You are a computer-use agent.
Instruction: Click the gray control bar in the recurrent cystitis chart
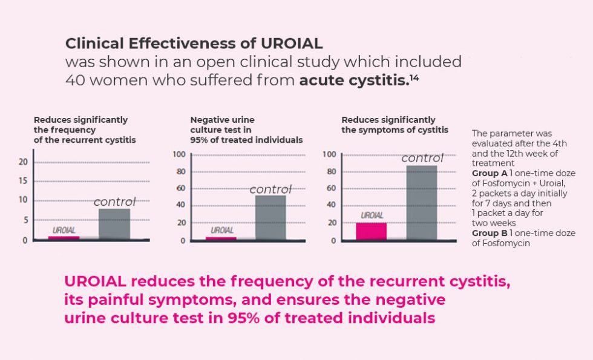pyautogui.click(x=114, y=224)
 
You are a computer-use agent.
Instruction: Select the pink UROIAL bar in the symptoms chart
pyautogui.click(x=371, y=231)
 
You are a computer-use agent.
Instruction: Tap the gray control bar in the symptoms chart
pyautogui.click(x=421, y=203)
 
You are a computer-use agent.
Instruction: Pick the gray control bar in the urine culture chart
pyautogui.click(x=270, y=217)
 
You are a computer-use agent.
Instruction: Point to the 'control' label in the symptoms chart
pyautogui.click(x=422, y=159)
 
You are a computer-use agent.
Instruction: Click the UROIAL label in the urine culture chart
pyautogui.click(x=221, y=231)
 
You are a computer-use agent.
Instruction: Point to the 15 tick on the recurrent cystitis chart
pyautogui.click(x=24, y=181)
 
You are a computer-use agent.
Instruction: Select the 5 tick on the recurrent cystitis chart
pyautogui.click(x=25, y=220)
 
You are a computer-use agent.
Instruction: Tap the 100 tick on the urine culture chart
pyautogui.click(x=179, y=155)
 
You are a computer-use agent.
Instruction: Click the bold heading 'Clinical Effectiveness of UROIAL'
pyautogui.click(x=194, y=44)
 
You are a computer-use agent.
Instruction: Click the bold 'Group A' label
pyautogui.click(x=488, y=173)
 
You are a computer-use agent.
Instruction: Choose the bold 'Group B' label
pyautogui.click(x=488, y=233)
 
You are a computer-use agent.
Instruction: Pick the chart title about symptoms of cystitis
pyautogui.click(x=395, y=125)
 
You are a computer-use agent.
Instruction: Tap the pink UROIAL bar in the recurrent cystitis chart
pyautogui.click(x=64, y=238)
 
